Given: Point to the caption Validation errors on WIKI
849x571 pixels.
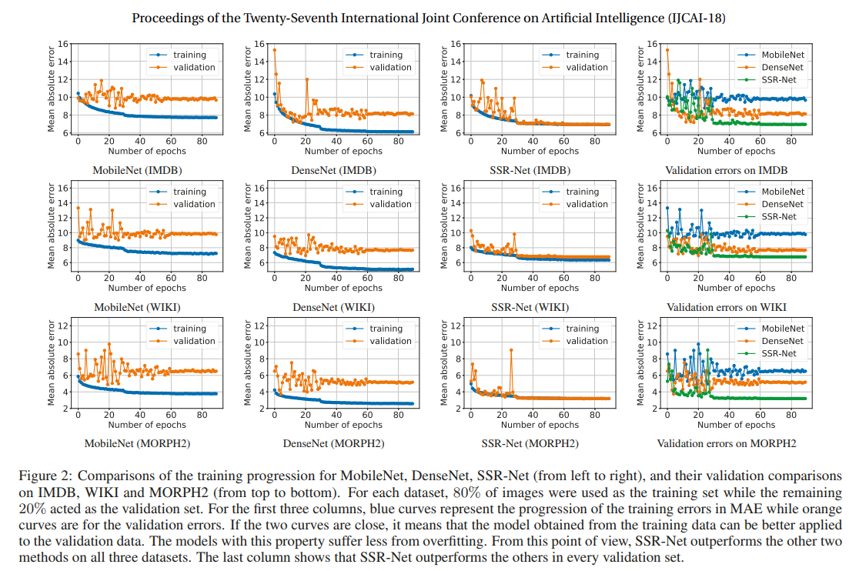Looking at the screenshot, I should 727,307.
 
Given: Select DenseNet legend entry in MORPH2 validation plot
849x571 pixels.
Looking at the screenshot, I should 783,341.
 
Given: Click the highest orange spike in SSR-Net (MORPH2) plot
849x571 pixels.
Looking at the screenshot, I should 511,349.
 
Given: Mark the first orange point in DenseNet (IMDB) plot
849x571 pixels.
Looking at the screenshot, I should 275,50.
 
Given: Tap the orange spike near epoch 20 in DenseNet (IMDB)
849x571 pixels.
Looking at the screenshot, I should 306,79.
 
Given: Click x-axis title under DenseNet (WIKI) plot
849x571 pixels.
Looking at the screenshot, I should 343,288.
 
